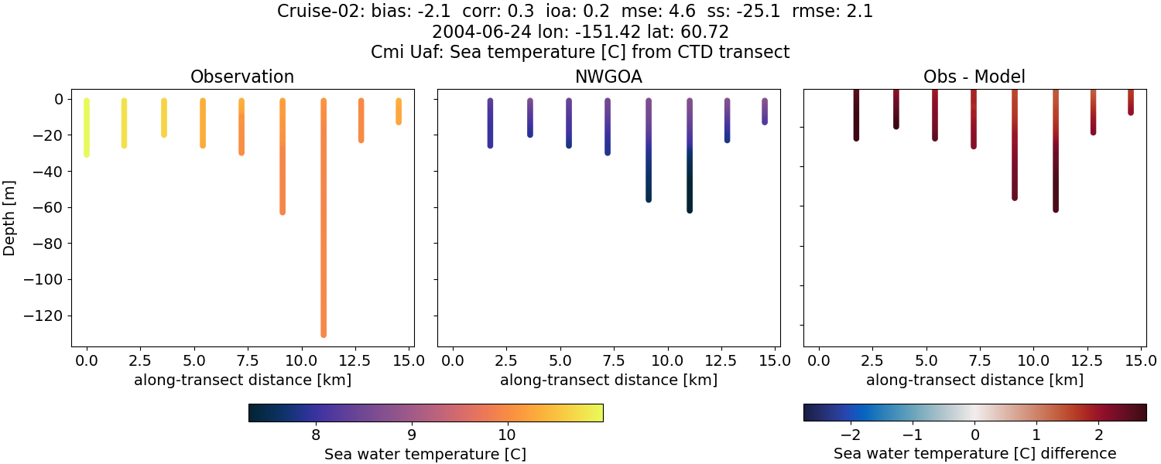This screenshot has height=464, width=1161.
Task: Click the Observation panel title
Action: pyautogui.click(x=242, y=77)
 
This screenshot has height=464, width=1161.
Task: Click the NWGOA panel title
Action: pyautogui.click(x=608, y=77)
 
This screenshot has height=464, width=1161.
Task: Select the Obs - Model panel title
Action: pyautogui.click(x=974, y=77)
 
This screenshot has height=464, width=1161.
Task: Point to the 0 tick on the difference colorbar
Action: pyautogui.click(x=975, y=433)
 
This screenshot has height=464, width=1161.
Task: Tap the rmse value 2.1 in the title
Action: pyautogui.click(x=861, y=12)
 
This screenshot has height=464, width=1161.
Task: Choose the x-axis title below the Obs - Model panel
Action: pyautogui.click(x=974, y=380)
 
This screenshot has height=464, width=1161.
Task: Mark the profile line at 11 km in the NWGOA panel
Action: pyautogui.click(x=689, y=155)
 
